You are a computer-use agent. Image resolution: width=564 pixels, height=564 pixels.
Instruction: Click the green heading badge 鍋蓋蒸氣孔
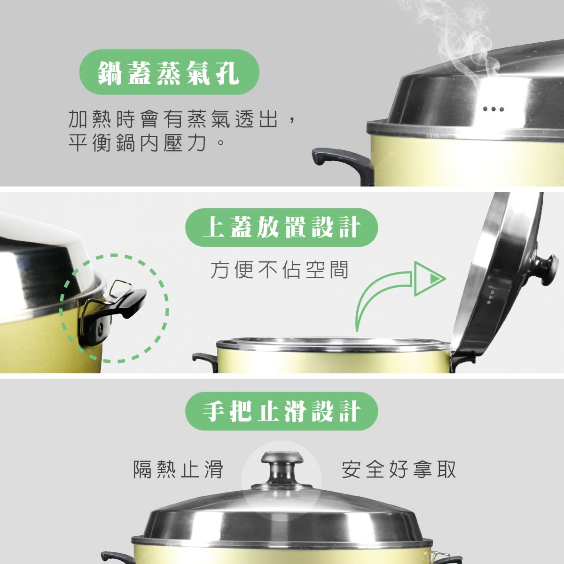(x=169, y=72)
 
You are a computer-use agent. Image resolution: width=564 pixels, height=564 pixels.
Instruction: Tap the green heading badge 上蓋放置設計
(x=282, y=227)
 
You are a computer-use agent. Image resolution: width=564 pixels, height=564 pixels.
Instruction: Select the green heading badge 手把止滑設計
(x=282, y=411)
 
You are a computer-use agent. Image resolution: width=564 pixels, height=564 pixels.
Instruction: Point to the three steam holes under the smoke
(x=493, y=109)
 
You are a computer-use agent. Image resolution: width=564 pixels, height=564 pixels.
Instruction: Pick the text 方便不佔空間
(x=279, y=270)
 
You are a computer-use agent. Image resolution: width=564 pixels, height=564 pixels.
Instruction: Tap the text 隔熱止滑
(x=178, y=469)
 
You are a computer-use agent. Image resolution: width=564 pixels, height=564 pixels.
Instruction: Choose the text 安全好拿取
(x=399, y=469)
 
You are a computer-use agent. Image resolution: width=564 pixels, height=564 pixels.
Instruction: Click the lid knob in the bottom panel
(x=282, y=468)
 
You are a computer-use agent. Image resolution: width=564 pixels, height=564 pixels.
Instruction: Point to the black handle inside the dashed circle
(x=114, y=313)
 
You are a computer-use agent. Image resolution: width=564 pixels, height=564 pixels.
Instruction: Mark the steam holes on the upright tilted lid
(x=491, y=297)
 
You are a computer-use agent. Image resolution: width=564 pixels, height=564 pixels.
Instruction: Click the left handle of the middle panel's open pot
(x=205, y=363)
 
